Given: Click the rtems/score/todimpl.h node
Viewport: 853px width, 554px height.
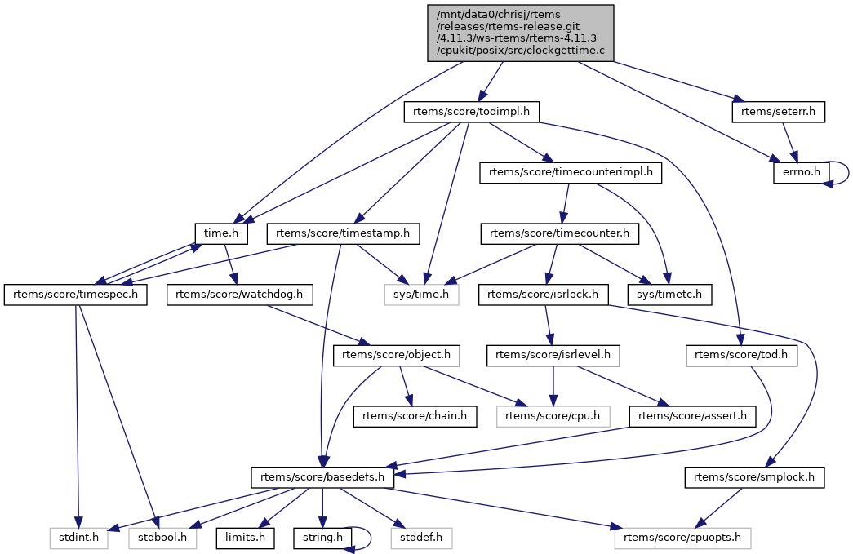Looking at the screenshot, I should coord(472,112).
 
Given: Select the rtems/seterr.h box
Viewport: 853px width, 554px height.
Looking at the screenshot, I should coord(778,112).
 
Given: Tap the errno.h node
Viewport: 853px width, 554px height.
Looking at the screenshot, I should coord(801,173).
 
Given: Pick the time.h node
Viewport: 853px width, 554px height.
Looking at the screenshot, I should coord(220,233).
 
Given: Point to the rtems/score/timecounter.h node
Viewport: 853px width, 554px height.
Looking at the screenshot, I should coord(559,233).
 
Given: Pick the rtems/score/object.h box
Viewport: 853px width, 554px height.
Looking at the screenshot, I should coord(398,355).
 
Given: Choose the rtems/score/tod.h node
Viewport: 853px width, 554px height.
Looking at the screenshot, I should coord(741,355).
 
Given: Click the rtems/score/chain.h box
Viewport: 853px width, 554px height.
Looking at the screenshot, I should coord(415,416).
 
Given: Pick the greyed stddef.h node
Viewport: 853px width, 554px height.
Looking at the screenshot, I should coord(420,538).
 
